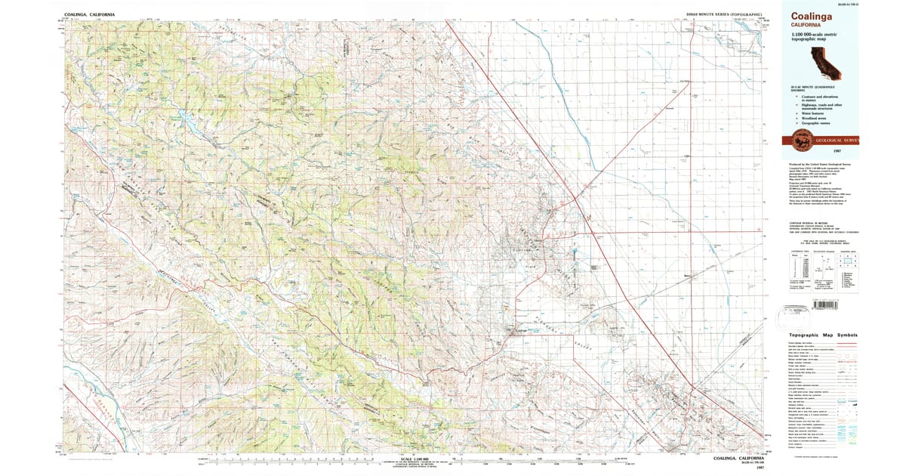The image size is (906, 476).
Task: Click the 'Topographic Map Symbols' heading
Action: pyautogui.click(x=822, y=335)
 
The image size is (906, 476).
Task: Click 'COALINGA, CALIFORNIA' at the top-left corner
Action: pyautogui.click(x=90, y=14)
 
